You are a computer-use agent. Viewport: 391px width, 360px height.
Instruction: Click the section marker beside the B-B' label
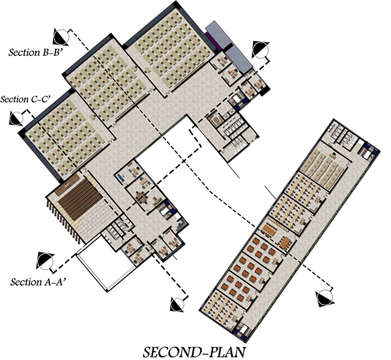coord(61,35)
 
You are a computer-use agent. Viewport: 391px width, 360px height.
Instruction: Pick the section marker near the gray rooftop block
coord(261,48)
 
